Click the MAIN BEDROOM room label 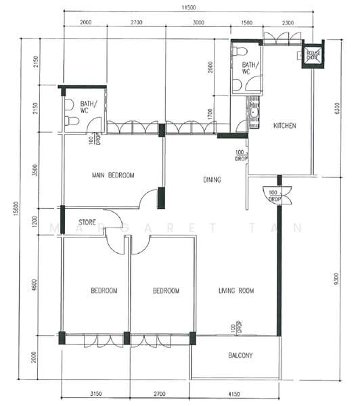[x=112, y=175]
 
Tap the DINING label [x=212, y=180]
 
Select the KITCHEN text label [x=284, y=126]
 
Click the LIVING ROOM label [x=235, y=291]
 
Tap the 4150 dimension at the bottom [x=235, y=392]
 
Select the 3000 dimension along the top [x=198, y=22]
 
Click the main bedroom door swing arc [x=146, y=198]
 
